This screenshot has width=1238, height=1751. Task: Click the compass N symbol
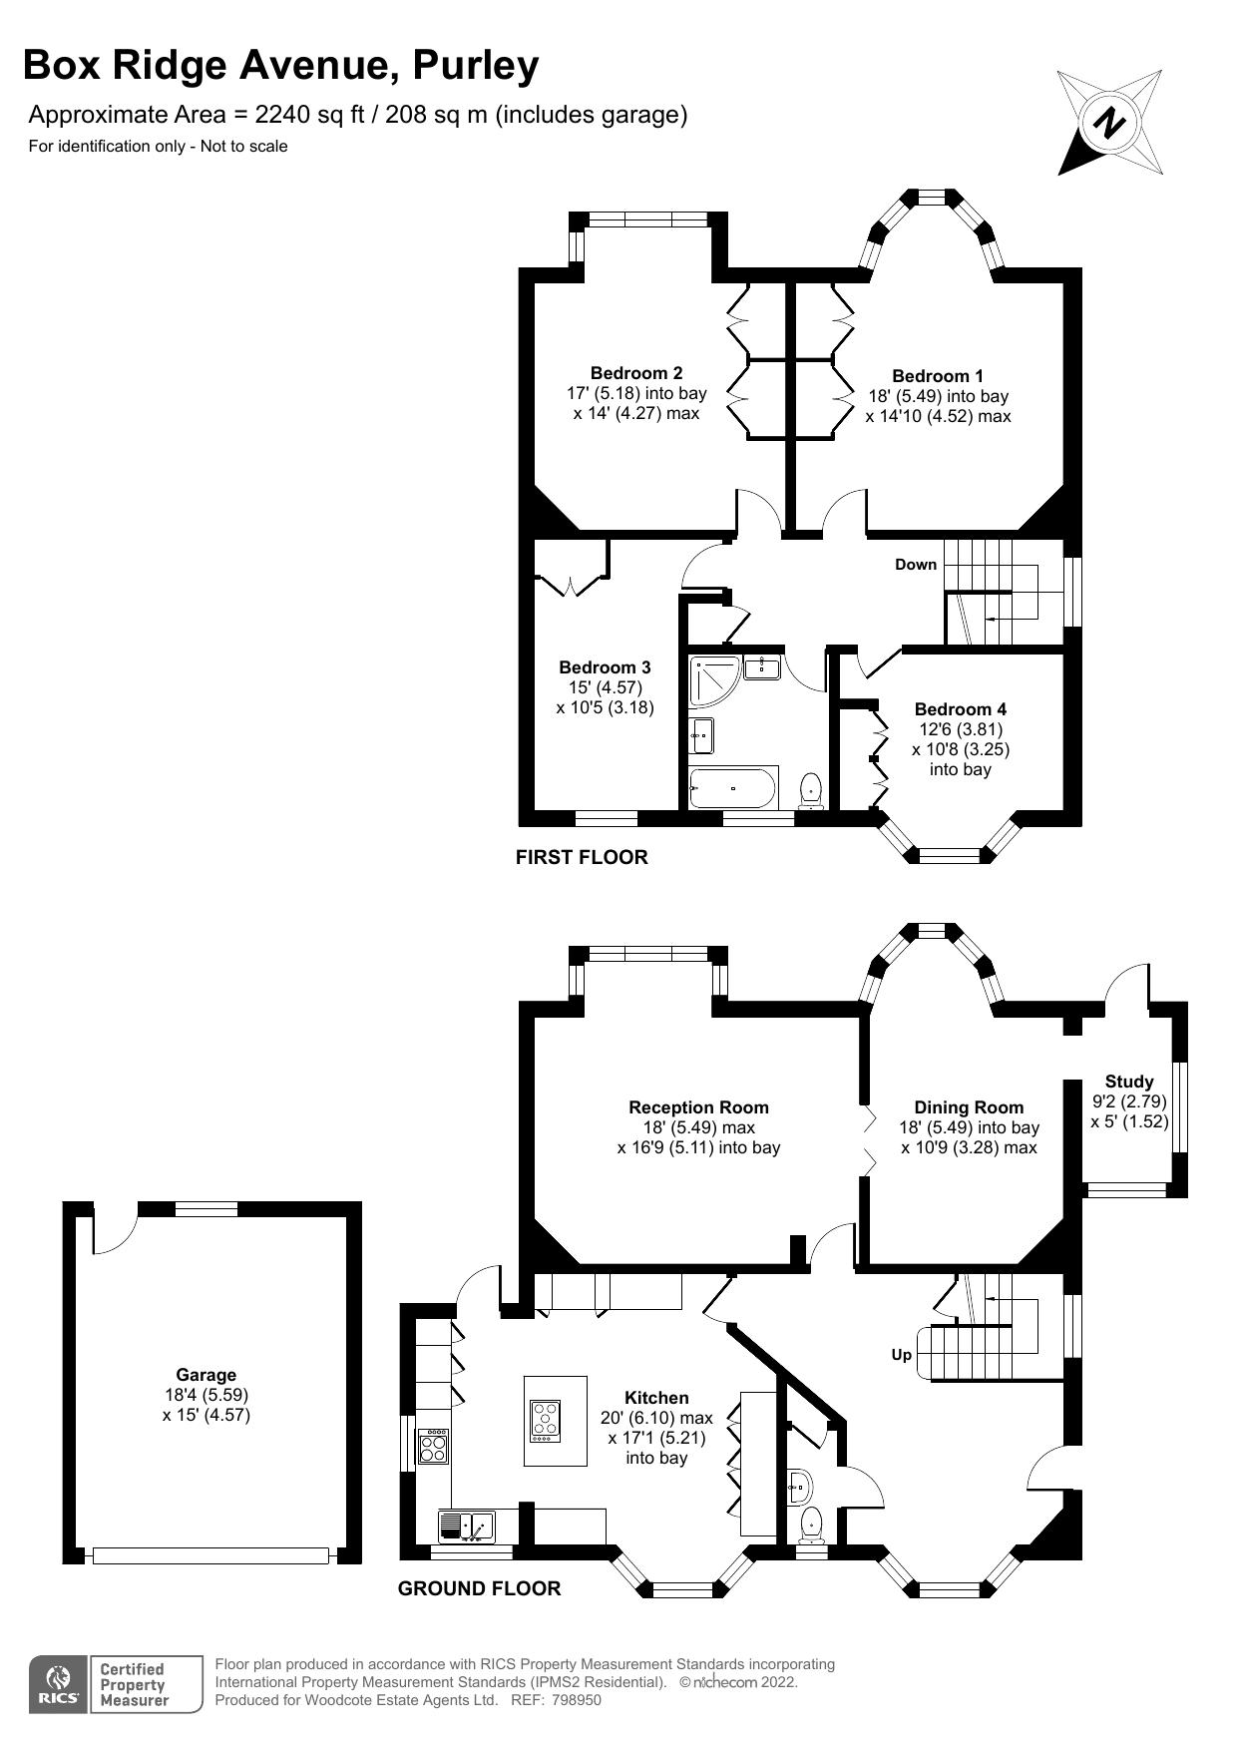pos(1109,123)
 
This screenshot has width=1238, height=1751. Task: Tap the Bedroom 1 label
pos(937,376)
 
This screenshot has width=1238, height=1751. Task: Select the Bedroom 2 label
pos(636,373)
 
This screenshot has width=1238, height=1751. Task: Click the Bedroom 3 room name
pos(605,667)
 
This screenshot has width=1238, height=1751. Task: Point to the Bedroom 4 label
pos(960,709)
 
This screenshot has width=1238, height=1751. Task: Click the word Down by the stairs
pos(915,565)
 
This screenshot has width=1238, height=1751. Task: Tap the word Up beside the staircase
pos(901,1355)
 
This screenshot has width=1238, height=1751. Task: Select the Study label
pos(1128,1082)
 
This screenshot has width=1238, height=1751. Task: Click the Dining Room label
pos(968,1107)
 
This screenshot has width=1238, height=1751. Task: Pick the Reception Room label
pos(698,1107)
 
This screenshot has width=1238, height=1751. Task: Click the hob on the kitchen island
pos(546,1422)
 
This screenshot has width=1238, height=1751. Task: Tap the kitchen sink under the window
pos(467,1527)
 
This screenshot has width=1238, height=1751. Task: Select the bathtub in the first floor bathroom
pos(732,788)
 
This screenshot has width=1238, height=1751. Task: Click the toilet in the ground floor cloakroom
pos(812,1524)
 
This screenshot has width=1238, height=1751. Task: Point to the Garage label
pos(206,1375)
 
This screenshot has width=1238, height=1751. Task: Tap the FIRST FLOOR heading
pos(581,857)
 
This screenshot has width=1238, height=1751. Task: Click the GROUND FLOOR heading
pos(479,1588)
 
